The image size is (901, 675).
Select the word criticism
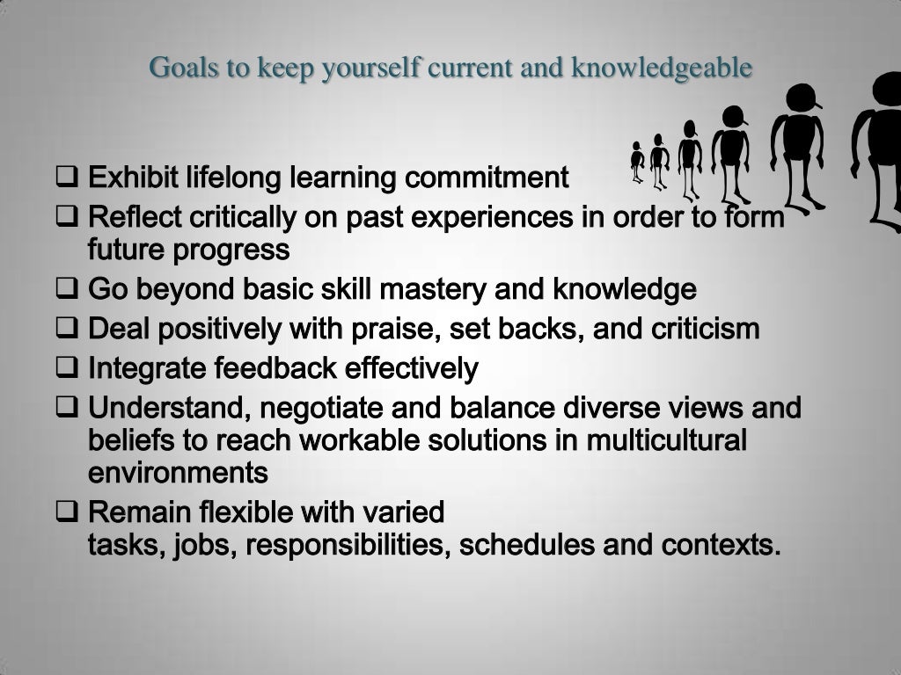[705, 330]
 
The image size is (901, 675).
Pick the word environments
[178, 473]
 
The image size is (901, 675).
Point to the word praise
[395, 330]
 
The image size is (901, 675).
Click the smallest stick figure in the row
[638, 163]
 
